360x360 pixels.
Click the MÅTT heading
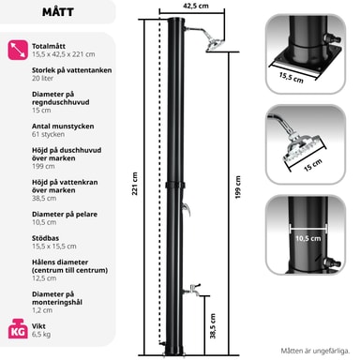[x=58, y=12]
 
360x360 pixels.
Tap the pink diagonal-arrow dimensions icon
[x=18, y=50]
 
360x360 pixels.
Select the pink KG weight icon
[x=18, y=329]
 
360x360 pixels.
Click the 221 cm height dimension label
[x=135, y=184]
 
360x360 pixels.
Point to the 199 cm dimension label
[x=238, y=187]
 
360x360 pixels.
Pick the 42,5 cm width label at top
[x=196, y=6]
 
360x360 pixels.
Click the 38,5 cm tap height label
[x=213, y=326]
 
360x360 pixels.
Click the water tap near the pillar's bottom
[x=192, y=290]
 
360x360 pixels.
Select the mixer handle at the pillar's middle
[x=187, y=209]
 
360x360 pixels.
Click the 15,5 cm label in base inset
[x=292, y=78]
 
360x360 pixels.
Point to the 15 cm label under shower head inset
[x=313, y=165]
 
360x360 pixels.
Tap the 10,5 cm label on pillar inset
[x=308, y=238]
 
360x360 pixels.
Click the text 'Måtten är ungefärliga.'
[x=315, y=351]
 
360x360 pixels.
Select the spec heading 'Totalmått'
[x=49, y=46]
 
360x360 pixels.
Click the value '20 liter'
[x=42, y=78]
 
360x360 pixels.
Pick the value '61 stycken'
[x=48, y=134]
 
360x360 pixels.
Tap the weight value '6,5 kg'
[x=41, y=335]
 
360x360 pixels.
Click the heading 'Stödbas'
[x=45, y=238]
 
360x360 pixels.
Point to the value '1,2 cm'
[x=42, y=310]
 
